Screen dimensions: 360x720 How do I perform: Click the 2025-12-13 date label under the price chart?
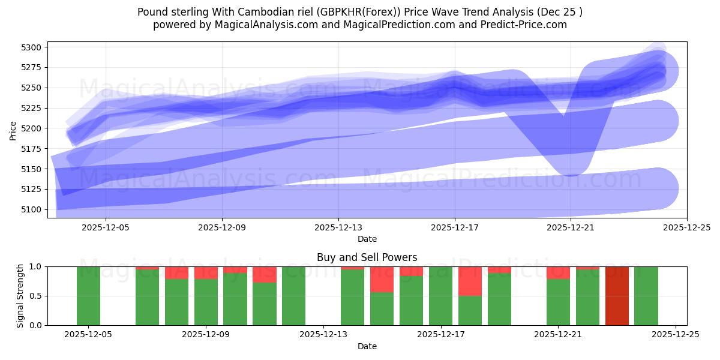click(x=338, y=227)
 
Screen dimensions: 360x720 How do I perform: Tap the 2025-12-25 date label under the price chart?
click(x=687, y=227)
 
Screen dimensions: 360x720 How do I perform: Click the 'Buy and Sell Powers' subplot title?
click(x=367, y=257)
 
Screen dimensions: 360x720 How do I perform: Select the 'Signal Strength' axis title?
click(x=20, y=296)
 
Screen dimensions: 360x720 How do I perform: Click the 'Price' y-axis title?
click(x=13, y=130)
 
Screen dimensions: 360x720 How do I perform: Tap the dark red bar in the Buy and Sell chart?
click(x=617, y=296)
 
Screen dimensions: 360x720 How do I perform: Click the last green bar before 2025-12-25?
click(x=646, y=296)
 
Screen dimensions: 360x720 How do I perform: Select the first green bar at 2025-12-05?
click(x=88, y=296)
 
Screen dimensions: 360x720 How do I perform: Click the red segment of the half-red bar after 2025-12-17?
click(x=470, y=281)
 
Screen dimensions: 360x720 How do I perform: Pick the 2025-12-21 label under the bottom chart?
click(x=558, y=334)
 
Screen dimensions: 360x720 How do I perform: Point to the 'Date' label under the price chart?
click(x=367, y=239)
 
